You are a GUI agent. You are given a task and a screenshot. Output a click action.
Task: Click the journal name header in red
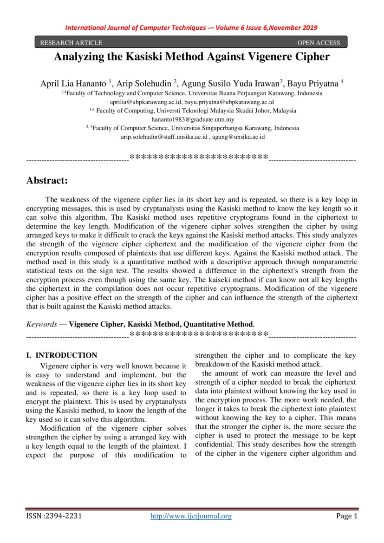(191, 27)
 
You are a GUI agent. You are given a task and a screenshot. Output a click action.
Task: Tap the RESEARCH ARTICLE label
(71, 43)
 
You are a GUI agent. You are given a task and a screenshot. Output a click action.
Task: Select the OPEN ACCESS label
(319, 43)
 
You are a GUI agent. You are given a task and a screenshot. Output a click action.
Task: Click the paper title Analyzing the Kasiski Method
(192, 57)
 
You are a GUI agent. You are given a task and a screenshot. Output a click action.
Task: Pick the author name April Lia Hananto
(74, 84)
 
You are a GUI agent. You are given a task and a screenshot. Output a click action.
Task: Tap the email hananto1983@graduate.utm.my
(192, 119)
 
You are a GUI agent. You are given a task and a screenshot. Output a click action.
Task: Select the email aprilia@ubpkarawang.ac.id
(145, 102)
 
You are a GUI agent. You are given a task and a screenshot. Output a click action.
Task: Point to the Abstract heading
(47, 180)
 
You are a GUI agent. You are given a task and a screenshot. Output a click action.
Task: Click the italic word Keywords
(41, 324)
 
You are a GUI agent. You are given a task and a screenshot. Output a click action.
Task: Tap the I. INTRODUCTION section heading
(61, 355)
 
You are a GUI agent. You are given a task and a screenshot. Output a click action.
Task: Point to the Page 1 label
(347, 516)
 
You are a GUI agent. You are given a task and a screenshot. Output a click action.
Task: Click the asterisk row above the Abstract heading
(198, 157)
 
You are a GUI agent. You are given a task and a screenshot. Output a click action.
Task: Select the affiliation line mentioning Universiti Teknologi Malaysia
(192, 111)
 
